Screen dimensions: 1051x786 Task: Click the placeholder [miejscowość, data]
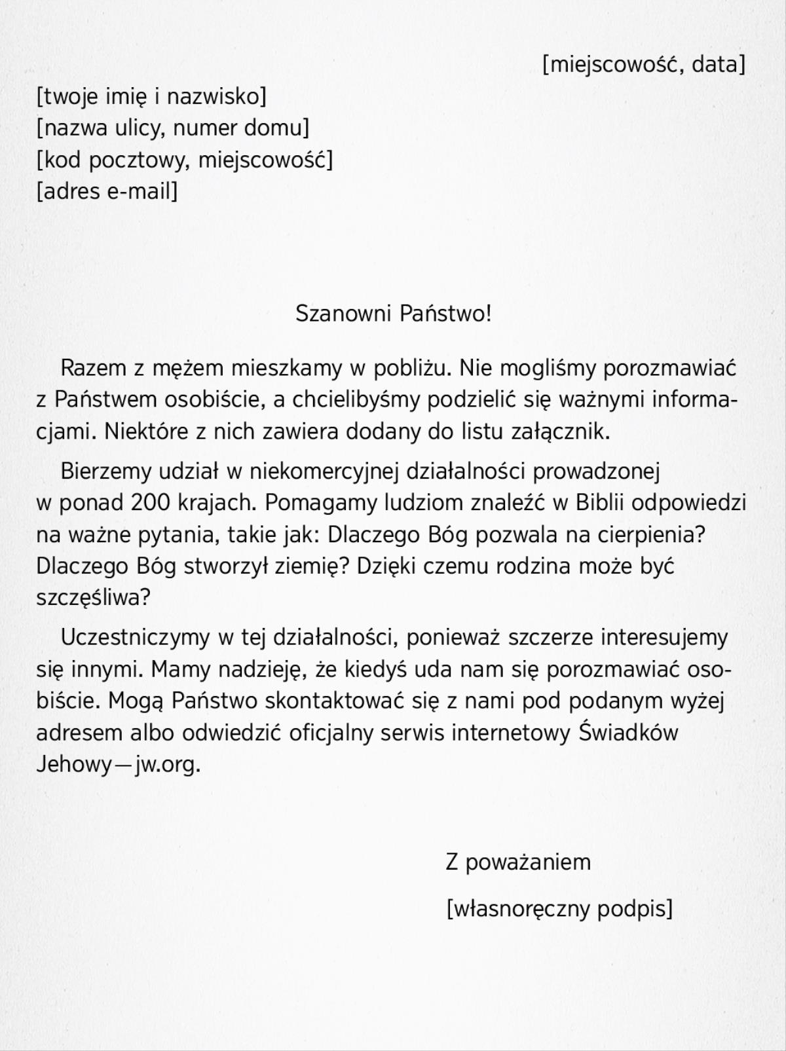tap(644, 64)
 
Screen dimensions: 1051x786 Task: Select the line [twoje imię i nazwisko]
tap(151, 96)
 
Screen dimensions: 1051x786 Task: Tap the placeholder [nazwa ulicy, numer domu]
tap(172, 128)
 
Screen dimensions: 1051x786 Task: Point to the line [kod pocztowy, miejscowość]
tap(184, 159)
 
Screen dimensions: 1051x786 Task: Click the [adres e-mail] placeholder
tap(107, 191)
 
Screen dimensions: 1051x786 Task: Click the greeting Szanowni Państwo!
tap(393, 313)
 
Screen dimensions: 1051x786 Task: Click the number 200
tap(151, 502)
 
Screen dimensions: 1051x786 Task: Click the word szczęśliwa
tap(92, 597)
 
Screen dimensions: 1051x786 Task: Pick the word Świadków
tap(629, 732)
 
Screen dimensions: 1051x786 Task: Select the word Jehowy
tap(74, 764)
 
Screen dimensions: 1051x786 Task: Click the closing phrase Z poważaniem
tap(518, 862)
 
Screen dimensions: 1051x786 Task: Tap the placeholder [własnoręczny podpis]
tap(559, 908)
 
